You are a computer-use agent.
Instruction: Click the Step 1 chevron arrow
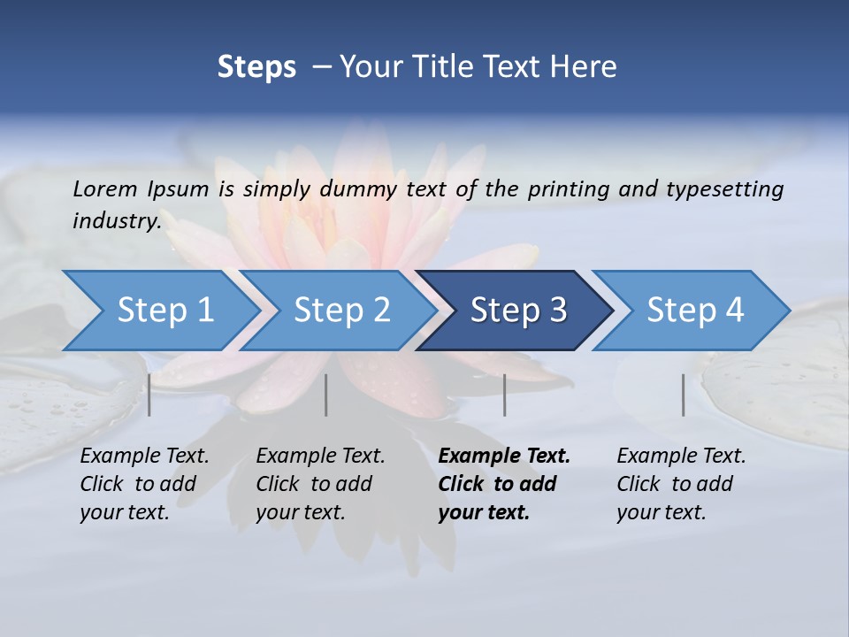click(164, 311)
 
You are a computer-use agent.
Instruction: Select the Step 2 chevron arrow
click(340, 311)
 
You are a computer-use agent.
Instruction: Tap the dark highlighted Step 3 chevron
click(517, 311)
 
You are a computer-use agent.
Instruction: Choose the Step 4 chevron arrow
click(694, 311)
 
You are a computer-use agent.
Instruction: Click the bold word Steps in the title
click(256, 67)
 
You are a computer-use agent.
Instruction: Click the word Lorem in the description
click(104, 189)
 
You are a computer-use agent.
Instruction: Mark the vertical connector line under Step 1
click(149, 395)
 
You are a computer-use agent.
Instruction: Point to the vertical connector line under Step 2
click(326, 395)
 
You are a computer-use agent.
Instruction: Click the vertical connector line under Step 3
click(505, 395)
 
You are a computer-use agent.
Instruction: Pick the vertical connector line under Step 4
click(684, 395)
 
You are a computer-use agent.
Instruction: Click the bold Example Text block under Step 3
click(503, 484)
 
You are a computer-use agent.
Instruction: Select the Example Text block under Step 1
click(144, 484)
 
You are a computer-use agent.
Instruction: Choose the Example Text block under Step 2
click(320, 484)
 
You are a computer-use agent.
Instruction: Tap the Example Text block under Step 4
click(681, 484)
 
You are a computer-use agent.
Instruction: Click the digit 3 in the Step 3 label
click(557, 311)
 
